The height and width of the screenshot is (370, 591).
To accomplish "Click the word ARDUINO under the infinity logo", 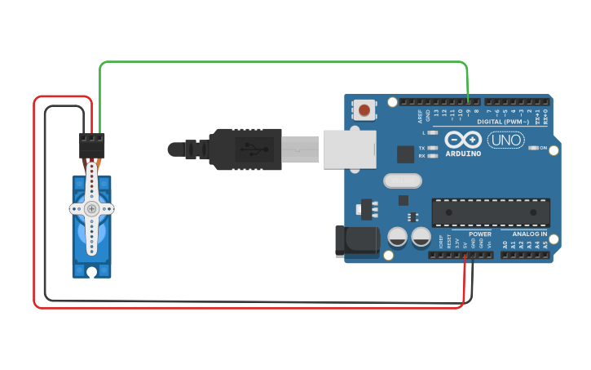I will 463,153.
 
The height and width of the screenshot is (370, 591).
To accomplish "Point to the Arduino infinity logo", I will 463,139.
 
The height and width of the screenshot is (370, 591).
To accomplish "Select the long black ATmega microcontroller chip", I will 490,212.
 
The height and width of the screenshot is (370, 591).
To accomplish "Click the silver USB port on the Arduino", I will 350,149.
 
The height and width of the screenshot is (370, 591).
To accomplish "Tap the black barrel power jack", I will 358,240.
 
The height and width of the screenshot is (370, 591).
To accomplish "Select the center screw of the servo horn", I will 91,209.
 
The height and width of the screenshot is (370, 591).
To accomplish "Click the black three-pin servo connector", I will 92,145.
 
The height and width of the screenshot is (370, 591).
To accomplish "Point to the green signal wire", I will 285,62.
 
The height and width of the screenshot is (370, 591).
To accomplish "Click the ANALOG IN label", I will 530,234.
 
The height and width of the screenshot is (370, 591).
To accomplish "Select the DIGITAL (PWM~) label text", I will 503,122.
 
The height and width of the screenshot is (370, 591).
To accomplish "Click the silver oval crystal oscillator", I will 399,181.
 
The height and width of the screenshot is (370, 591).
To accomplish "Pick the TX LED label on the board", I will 421,148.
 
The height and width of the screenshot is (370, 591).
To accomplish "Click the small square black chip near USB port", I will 405,154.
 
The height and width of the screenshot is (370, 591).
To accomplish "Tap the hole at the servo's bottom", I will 92,271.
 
